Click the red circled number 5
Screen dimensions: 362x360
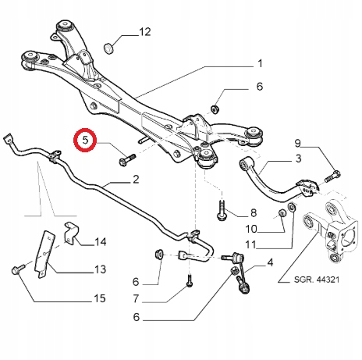(x=85, y=140)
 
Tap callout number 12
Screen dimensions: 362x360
(x=145, y=32)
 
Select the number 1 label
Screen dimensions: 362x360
(x=260, y=63)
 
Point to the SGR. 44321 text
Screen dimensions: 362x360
(x=317, y=280)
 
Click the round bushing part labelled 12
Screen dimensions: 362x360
(x=108, y=48)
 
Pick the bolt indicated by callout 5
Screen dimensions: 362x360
(x=127, y=159)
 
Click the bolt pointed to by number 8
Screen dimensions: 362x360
(x=222, y=210)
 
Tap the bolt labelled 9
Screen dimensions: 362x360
(x=332, y=176)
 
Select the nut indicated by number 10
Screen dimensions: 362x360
(x=282, y=213)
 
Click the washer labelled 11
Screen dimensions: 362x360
(x=291, y=207)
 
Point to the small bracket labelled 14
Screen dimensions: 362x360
(x=71, y=232)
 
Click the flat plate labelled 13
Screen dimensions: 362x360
(x=44, y=255)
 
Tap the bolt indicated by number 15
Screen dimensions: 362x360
(x=18, y=269)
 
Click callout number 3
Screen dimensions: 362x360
(x=298, y=159)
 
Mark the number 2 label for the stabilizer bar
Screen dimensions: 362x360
(x=136, y=180)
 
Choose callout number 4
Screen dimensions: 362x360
(x=270, y=262)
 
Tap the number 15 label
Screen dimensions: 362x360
(x=100, y=298)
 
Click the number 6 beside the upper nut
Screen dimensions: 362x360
(x=260, y=87)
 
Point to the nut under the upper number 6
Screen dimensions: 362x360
(x=215, y=109)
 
